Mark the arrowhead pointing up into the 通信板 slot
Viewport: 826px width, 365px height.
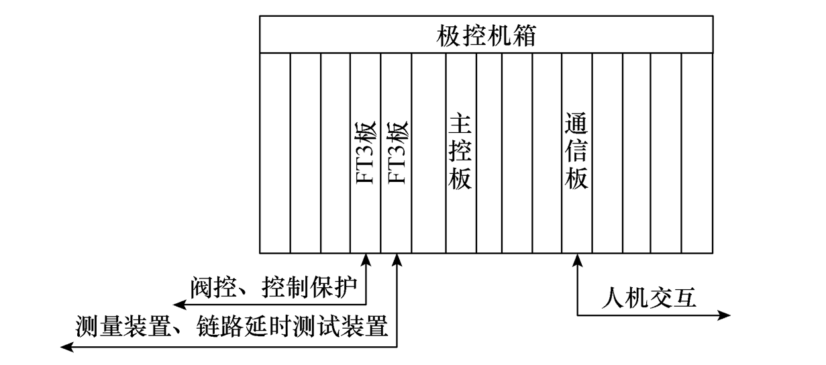[577, 260]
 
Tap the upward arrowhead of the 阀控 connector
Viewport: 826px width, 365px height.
[366, 260]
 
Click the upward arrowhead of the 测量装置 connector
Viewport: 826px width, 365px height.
[397, 260]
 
